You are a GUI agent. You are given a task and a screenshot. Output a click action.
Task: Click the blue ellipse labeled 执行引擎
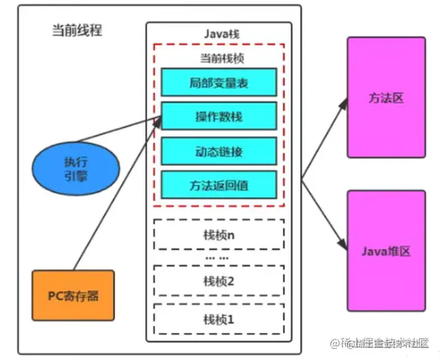tap(73, 167)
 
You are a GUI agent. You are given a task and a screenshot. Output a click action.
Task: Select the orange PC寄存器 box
tap(73, 295)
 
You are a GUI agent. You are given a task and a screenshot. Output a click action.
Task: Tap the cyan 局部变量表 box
tap(219, 83)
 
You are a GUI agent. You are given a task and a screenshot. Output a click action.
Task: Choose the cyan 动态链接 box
tap(219, 150)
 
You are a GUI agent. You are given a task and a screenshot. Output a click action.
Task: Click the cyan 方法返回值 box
tap(219, 184)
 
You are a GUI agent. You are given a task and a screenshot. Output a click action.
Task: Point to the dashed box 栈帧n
tap(219, 234)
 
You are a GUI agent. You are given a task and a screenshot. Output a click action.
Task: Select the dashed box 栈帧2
tap(219, 281)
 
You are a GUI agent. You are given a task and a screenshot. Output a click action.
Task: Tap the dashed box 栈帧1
tap(219, 319)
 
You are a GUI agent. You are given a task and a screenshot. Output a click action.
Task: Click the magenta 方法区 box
tap(386, 97)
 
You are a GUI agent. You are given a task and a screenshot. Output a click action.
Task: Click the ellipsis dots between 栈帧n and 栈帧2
tap(216, 257)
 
